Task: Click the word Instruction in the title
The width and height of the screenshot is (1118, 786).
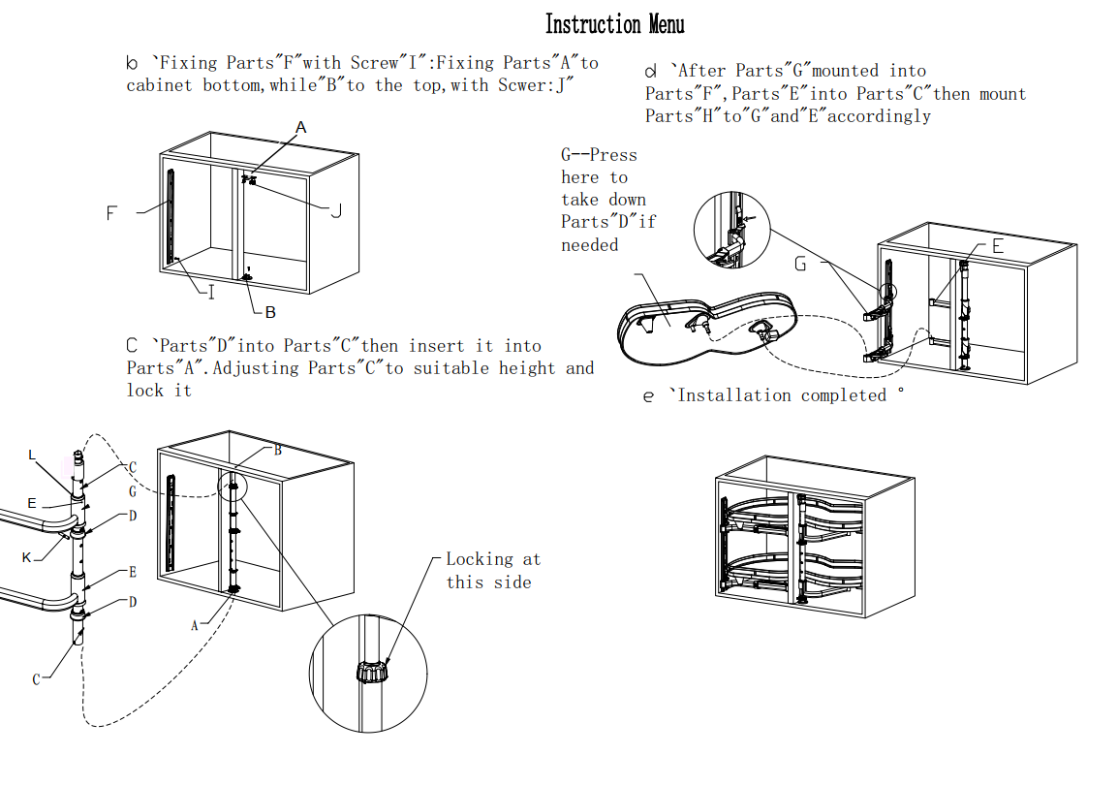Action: [x=592, y=24]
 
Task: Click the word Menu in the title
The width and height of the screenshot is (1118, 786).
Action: [x=665, y=24]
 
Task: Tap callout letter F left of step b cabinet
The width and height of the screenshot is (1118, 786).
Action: [x=112, y=213]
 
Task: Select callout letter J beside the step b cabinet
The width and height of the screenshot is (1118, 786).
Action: [x=335, y=210]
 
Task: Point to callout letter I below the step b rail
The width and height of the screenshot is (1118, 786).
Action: [x=212, y=292]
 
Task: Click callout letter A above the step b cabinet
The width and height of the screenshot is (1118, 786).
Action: [x=301, y=127]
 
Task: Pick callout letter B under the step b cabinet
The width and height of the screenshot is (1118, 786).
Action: [x=270, y=312]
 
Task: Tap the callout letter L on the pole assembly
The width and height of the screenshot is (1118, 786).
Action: [x=32, y=455]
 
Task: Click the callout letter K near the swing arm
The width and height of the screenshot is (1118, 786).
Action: [x=27, y=557]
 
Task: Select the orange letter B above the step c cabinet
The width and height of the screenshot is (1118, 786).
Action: [x=278, y=450]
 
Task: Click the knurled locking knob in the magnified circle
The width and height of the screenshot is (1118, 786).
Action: [x=371, y=671]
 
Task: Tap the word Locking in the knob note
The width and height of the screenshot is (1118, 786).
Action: [x=479, y=559]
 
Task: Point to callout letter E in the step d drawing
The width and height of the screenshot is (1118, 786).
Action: [x=997, y=247]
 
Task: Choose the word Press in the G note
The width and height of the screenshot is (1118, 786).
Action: [x=613, y=155]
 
